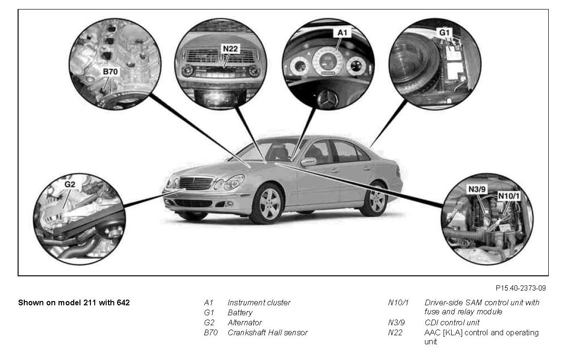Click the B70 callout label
tap(110, 72)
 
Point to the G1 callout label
tap(444, 33)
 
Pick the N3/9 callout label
tap(476, 189)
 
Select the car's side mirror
tap(308, 162)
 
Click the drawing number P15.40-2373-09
tap(520, 288)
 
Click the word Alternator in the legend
tap(245, 323)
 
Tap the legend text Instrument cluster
tap(259, 302)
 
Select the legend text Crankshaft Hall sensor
tap(267, 333)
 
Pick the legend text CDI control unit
tap(452, 323)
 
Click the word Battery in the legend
tap(240, 313)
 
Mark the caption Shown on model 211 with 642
tap(74, 302)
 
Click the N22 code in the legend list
tap(395, 333)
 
